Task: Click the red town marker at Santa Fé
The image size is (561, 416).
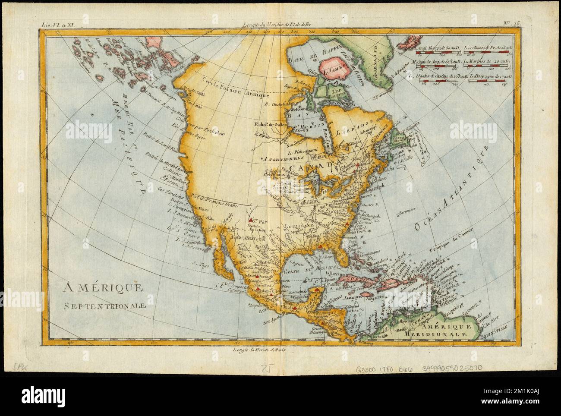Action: (x=250, y=219)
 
